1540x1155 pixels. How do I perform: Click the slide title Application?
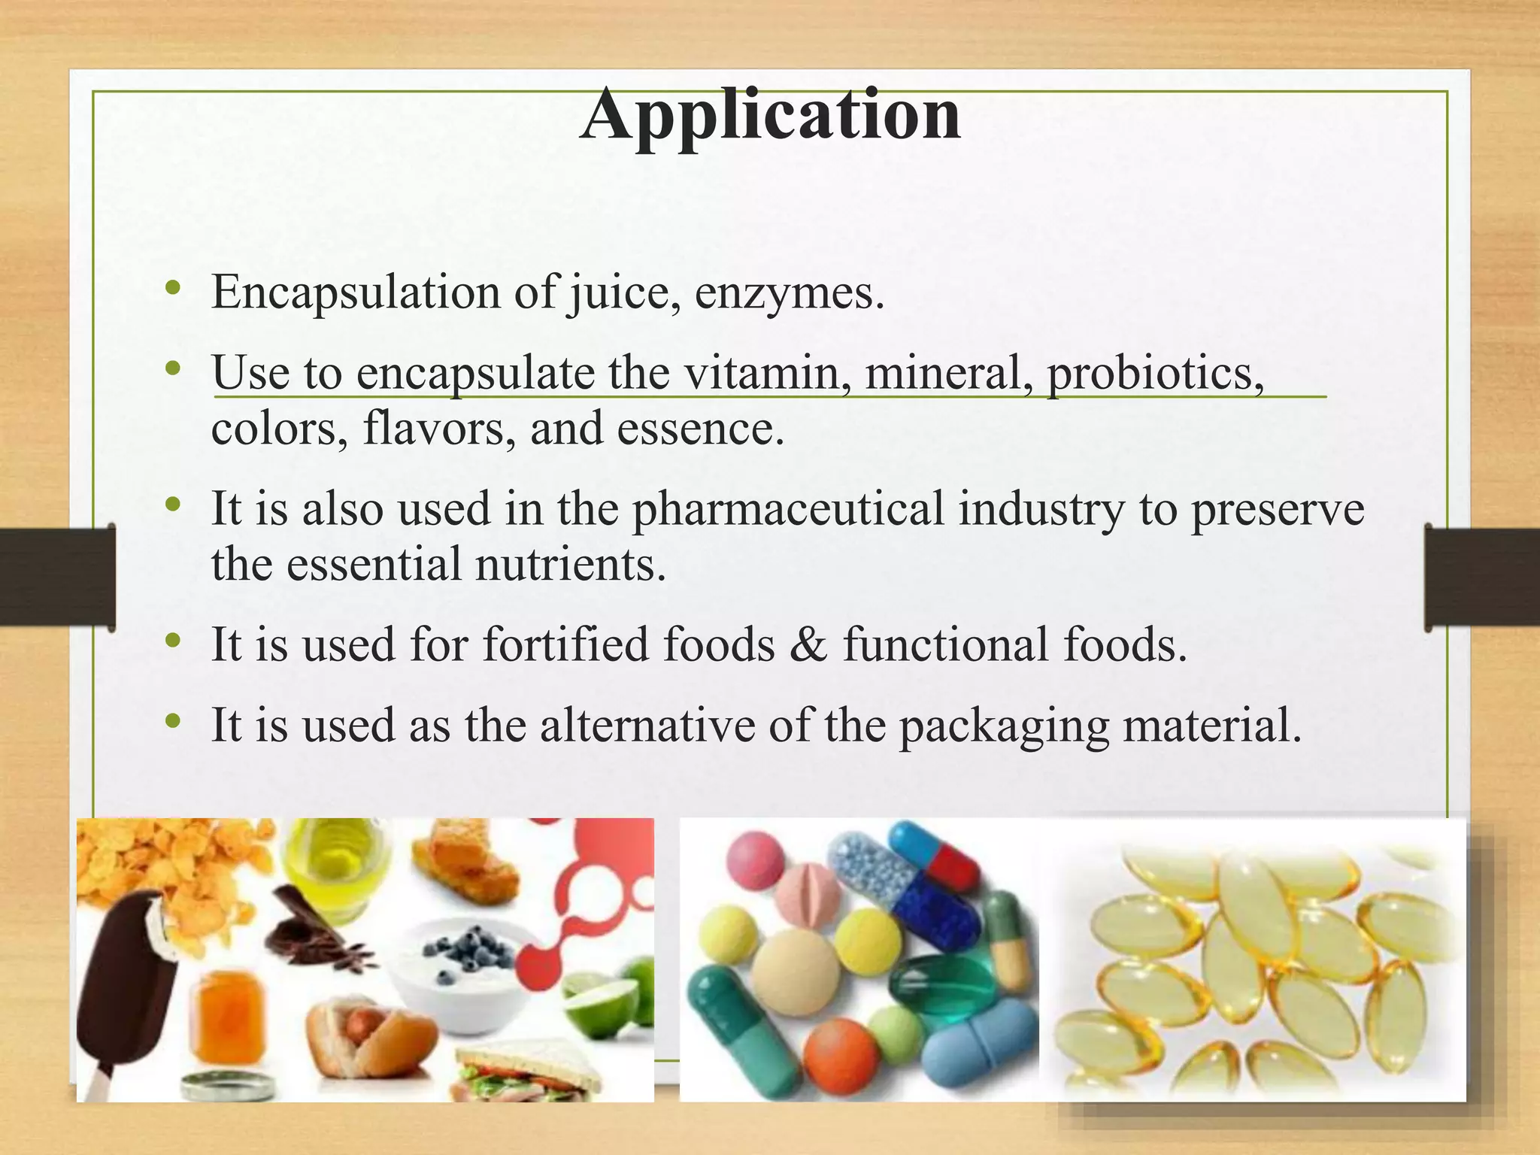770,117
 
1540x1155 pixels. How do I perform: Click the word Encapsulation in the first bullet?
355,292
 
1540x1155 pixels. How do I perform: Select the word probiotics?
1154,373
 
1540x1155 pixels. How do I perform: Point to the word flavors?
439,429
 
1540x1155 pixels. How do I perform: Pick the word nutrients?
570,565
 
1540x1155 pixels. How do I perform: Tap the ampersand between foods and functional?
808,645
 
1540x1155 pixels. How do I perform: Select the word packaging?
1004,726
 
